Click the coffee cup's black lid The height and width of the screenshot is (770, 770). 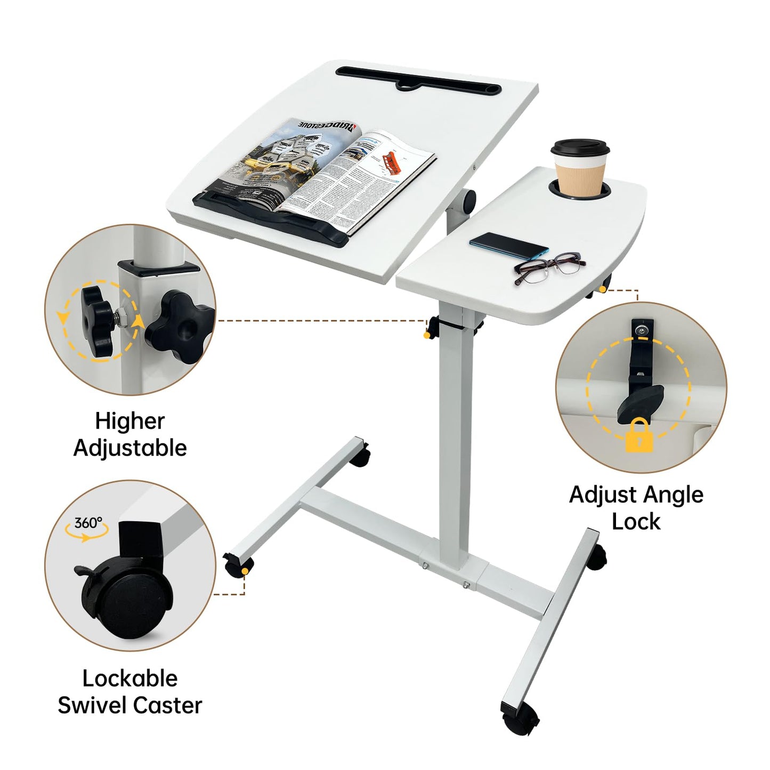(579, 148)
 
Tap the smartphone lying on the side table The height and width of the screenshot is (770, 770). (509, 246)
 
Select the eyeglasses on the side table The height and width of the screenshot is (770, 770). (549, 267)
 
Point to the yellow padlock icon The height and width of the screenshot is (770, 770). (639, 435)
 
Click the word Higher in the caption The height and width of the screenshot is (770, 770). (129, 422)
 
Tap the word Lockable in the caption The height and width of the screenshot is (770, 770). (130, 678)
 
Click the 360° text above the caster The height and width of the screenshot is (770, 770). (88, 523)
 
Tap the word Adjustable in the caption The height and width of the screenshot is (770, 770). (130, 448)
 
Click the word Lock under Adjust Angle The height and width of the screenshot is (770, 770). (636, 522)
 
